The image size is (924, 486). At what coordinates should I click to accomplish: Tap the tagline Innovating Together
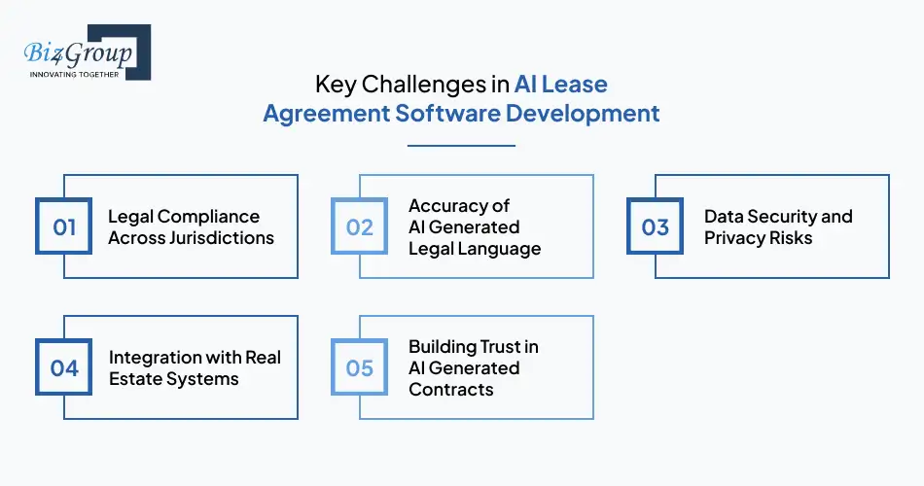pyautogui.click(x=75, y=74)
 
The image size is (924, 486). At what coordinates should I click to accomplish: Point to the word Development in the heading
pyautogui.click(x=582, y=113)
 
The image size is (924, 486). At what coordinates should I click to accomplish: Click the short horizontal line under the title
pyautogui.click(x=461, y=146)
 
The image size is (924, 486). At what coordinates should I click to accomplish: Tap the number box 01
pyautogui.click(x=64, y=227)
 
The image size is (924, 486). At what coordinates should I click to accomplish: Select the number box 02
pyautogui.click(x=360, y=227)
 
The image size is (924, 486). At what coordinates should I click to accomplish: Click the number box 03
pyautogui.click(x=656, y=227)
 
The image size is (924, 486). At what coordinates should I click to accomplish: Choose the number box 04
pyautogui.click(x=64, y=368)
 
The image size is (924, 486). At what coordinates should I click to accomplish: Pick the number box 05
pyautogui.click(x=360, y=368)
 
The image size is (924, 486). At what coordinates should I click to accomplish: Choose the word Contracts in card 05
pyautogui.click(x=451, y=390)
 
